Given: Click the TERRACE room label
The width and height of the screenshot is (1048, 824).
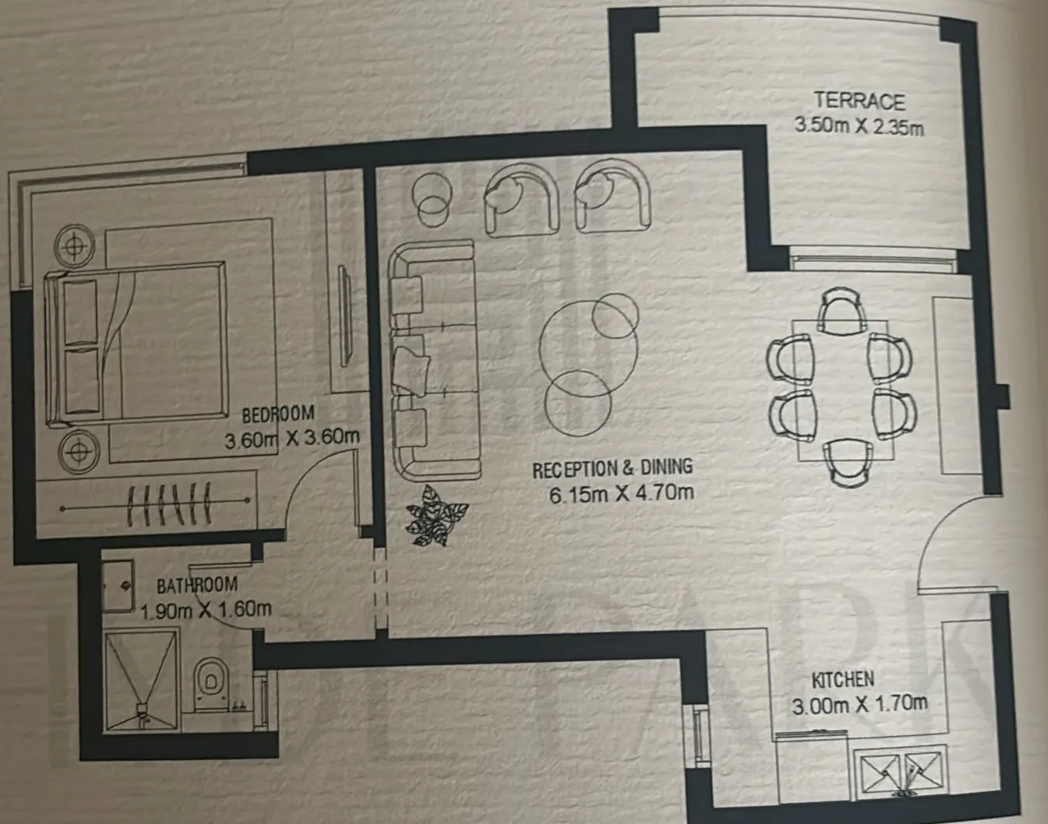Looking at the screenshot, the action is pos(859,101).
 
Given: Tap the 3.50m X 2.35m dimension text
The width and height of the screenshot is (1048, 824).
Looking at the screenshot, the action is pos(859,126).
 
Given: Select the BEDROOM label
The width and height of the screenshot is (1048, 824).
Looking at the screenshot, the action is pos(278,414).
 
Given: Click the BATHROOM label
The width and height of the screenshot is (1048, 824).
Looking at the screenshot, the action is pos(196,586).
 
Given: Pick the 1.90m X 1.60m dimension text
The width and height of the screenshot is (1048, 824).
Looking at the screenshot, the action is pos(206,610).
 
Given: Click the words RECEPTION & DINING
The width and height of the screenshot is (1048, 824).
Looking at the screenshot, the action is pos(612,468).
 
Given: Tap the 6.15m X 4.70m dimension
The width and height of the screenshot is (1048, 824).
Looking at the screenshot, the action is pos(622,494).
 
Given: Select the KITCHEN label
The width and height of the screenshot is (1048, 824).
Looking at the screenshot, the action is pos(842,680).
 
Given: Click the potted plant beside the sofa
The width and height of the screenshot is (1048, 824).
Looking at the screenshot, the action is pos(436,515).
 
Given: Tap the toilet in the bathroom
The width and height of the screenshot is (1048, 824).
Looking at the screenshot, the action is pos(211,684).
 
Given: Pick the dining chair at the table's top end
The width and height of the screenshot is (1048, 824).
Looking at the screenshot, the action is pos(841,311).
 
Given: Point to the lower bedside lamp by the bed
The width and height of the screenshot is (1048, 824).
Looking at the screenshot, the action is pos(79,451).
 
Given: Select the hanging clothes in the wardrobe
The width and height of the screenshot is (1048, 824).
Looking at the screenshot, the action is pos(169,504).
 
